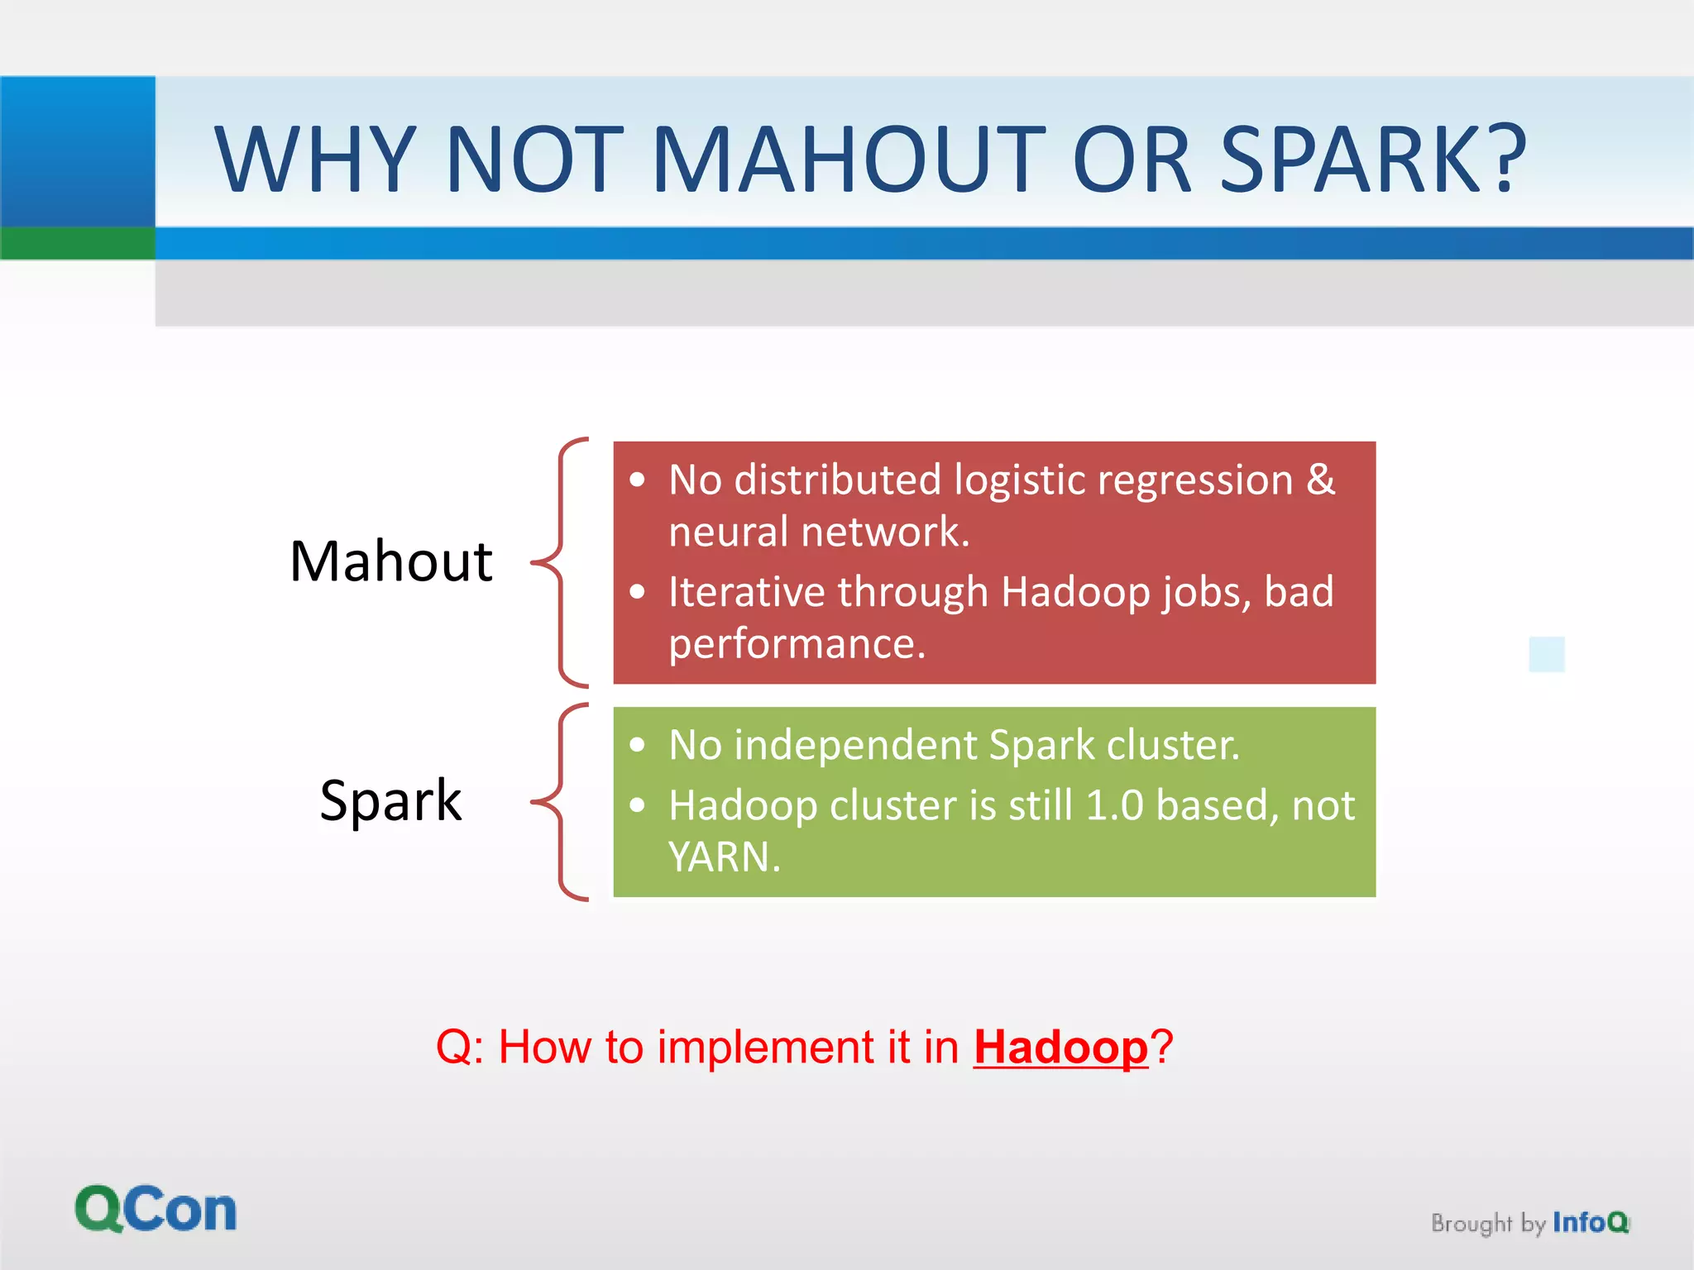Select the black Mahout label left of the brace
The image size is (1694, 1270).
point(390,561)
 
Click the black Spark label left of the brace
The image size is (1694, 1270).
point(390,800)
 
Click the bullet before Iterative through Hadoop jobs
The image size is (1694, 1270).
point(637,592)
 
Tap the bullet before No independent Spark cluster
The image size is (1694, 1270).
point(637,745)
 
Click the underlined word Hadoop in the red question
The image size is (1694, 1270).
point(1060,1048)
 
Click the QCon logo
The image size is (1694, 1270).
point(156,1210)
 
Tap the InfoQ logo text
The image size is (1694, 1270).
point(1589,1222)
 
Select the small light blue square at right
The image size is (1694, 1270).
point(1546,654)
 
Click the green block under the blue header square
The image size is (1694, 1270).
point(77,243)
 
